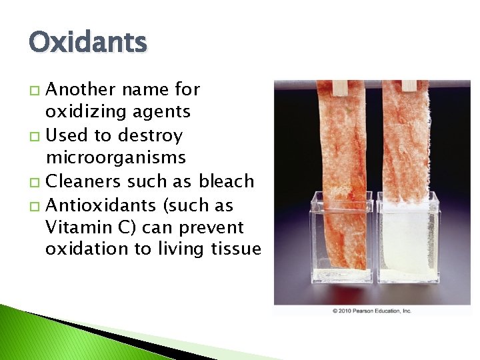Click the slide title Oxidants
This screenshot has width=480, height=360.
[87, 43]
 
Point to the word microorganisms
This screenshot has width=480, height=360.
[116, 158]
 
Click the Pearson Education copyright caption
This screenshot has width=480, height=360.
[372, 311]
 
